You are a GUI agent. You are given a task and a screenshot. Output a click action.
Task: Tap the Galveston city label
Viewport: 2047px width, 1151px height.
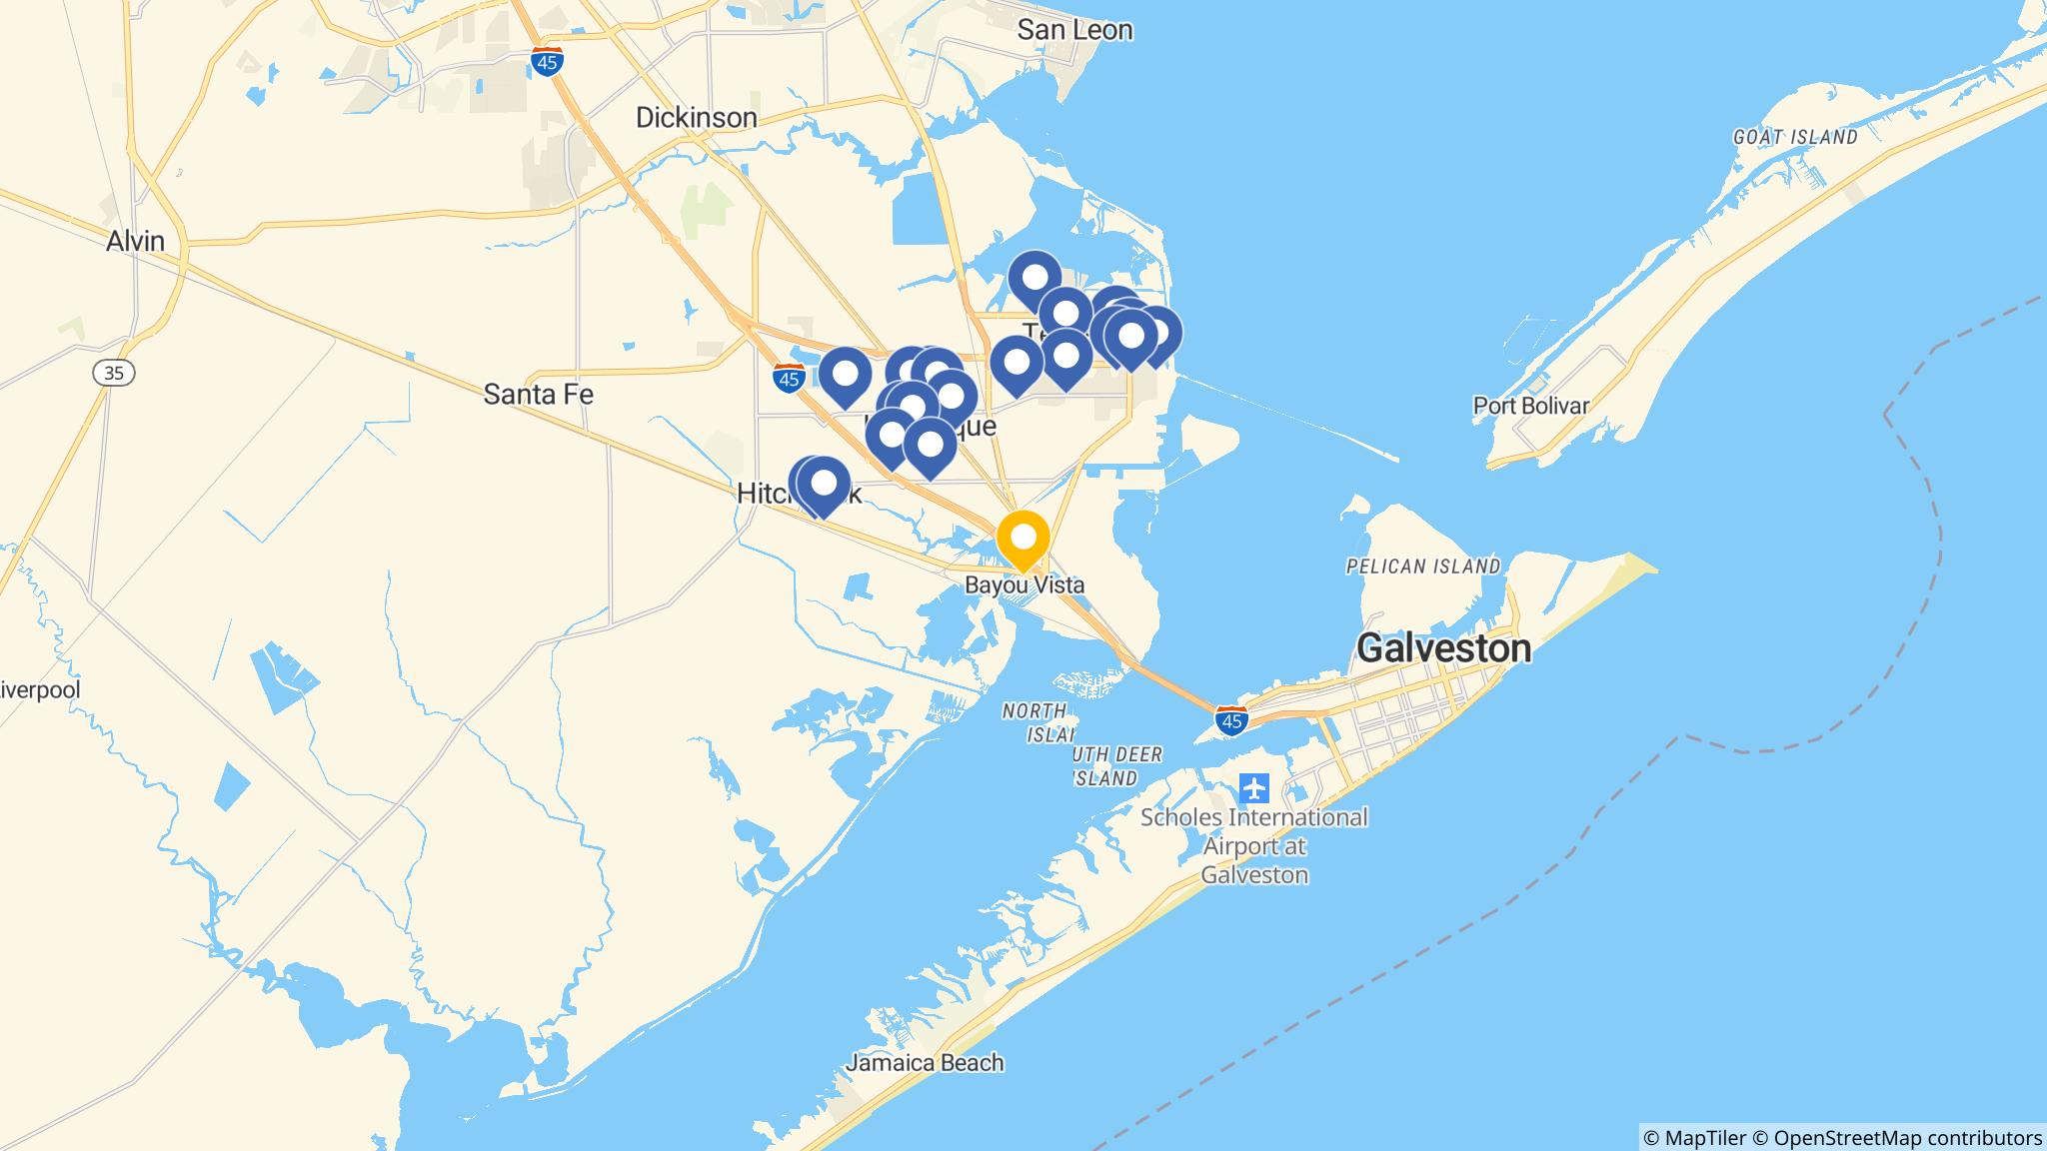point(1443,648)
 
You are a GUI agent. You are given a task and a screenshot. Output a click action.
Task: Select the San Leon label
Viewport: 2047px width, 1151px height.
point(1074,30)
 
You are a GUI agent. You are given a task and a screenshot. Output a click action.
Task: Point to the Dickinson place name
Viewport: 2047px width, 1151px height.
point(697,118)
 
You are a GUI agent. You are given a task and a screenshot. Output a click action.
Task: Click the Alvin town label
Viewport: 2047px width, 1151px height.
point(136,241)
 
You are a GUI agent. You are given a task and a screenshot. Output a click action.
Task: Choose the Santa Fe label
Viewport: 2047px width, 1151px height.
point(538,395)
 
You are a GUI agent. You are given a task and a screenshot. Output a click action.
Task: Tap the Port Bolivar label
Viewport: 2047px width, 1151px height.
point(1530,406)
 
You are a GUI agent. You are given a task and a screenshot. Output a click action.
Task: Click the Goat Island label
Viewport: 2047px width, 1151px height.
point(1795,137)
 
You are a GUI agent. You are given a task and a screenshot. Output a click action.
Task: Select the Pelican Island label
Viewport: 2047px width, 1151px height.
point(1422,567)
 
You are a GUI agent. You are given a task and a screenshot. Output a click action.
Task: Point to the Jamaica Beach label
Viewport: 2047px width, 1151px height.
point(924,1062)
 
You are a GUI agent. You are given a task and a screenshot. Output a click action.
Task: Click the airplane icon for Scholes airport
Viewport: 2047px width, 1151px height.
point(1254,788)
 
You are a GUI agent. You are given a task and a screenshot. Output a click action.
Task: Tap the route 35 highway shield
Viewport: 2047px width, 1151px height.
point(114,373)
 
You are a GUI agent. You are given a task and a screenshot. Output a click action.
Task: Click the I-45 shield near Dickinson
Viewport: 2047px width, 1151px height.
point(547,62)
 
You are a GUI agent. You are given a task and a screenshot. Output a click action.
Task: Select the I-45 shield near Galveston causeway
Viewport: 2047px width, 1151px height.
point(1231,720)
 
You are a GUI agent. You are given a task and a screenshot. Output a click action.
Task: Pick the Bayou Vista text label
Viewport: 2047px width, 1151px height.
point(1023,585)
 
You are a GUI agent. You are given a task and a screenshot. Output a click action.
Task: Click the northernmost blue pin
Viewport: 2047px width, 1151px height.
point(1033,277)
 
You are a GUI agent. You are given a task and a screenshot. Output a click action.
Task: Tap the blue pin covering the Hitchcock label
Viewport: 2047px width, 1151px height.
point(822,484)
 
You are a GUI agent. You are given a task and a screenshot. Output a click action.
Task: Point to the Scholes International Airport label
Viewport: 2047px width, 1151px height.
point(1253,846)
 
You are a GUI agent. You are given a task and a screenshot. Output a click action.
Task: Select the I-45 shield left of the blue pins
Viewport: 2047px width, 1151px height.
point(789,379)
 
